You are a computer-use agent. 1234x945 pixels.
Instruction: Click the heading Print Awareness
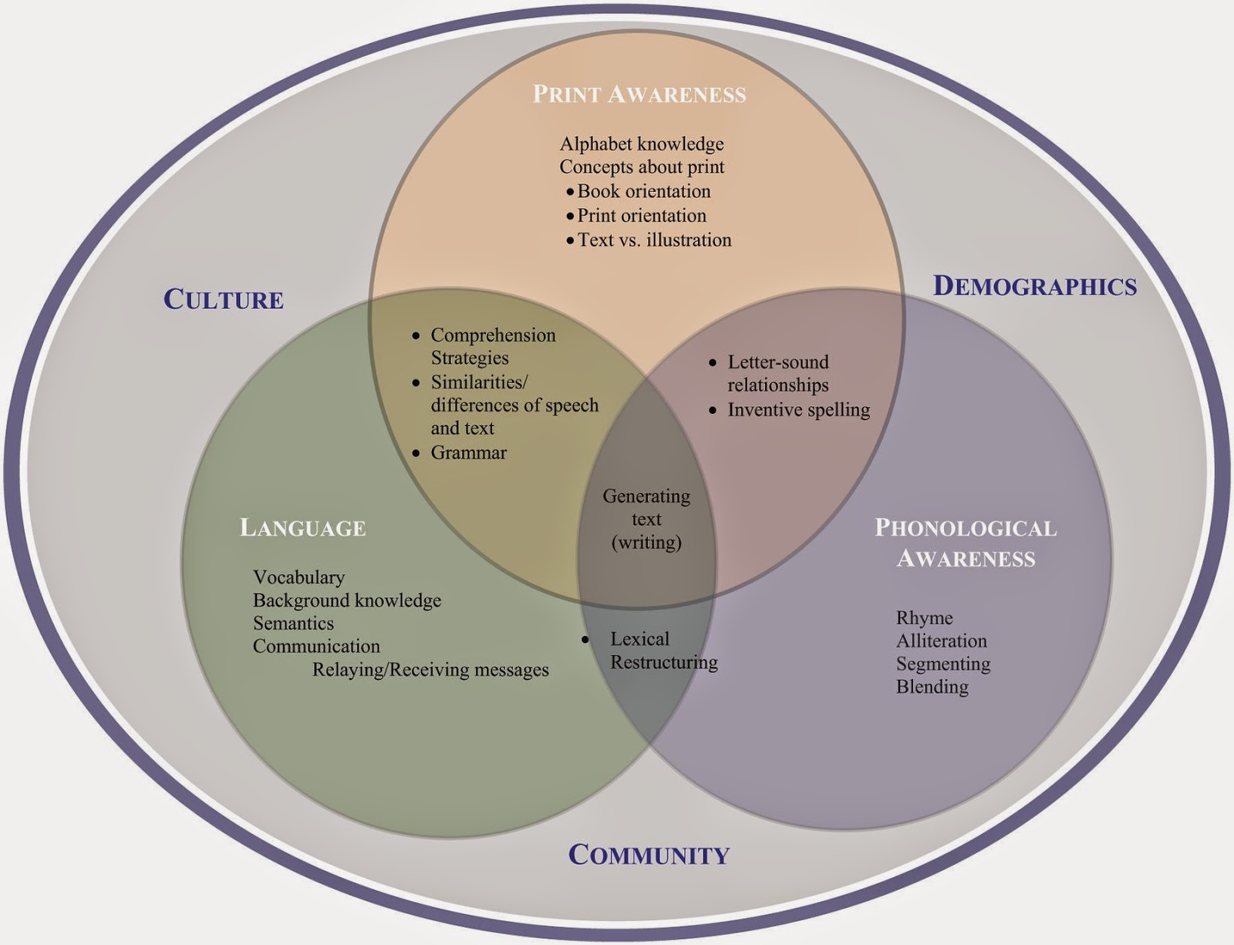coord(639,94)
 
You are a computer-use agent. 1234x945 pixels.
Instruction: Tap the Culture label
coord(224,299)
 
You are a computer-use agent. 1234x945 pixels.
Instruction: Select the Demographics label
coord(1035,286)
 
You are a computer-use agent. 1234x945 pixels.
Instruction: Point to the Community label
coord(649,855)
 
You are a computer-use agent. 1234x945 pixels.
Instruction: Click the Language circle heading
coord(303,528)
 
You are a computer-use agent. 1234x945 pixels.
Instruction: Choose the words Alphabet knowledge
coord(642,144)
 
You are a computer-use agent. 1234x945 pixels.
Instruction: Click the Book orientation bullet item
coord(644,191)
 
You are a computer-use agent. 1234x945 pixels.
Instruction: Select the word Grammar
coord(468,452)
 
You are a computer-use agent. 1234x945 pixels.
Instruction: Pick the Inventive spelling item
coord(798,410)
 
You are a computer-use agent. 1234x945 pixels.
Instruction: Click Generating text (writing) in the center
coord(646,519)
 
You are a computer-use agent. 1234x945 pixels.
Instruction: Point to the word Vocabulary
coord(298,577)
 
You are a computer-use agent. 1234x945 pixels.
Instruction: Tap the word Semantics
coord(293,624)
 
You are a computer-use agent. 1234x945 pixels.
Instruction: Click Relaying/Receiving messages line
coord(430,670)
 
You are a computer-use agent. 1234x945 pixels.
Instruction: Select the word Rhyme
coord(924,618)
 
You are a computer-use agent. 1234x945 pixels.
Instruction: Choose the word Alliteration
coord(941,641)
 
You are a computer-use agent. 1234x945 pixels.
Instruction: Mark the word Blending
coord(932,687)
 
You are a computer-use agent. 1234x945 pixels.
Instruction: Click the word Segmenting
coord(943,664)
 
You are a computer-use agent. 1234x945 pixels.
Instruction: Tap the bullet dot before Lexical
coord(585,640)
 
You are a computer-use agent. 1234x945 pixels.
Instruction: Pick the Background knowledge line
coord(347,600)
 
